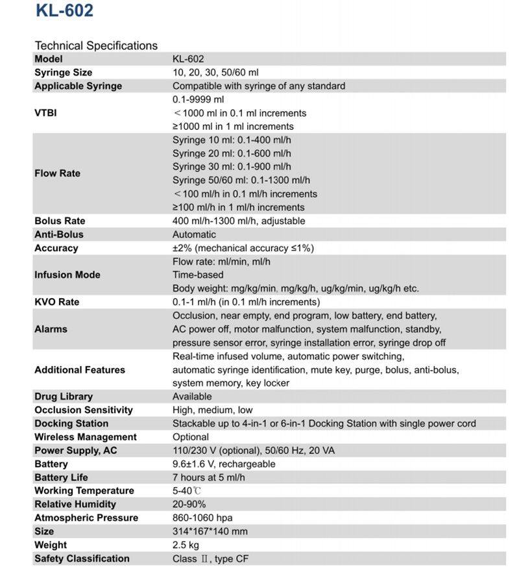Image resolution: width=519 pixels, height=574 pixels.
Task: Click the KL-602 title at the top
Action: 64,11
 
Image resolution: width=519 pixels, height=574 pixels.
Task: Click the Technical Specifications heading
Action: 96,45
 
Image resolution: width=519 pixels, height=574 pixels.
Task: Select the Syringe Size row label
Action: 63,72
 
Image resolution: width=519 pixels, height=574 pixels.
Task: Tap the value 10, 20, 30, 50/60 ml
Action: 215,72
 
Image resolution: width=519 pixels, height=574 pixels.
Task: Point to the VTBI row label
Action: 45,112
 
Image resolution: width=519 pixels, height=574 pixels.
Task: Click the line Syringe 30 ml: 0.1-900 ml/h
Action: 232,167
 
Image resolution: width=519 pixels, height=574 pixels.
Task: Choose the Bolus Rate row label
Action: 60,221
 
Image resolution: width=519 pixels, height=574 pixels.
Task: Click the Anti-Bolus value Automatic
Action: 194,234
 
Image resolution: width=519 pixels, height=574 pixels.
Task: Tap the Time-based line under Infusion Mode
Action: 198,275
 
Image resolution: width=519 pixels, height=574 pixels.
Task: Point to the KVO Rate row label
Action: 57,302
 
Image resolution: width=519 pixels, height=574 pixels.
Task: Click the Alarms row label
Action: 51,329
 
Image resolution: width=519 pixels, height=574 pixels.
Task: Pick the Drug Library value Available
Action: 192,396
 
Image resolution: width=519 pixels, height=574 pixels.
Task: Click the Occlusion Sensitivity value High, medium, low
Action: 213,410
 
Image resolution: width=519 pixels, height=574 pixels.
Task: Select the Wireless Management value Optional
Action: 191,437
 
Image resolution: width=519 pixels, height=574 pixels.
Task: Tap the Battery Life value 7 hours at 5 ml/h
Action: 209,477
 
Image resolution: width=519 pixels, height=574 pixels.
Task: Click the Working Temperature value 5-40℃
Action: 187,491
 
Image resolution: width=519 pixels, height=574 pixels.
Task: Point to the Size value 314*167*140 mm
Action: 210,531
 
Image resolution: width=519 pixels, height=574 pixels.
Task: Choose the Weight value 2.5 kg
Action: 186,545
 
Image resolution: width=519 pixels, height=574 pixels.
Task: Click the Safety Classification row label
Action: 82,558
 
